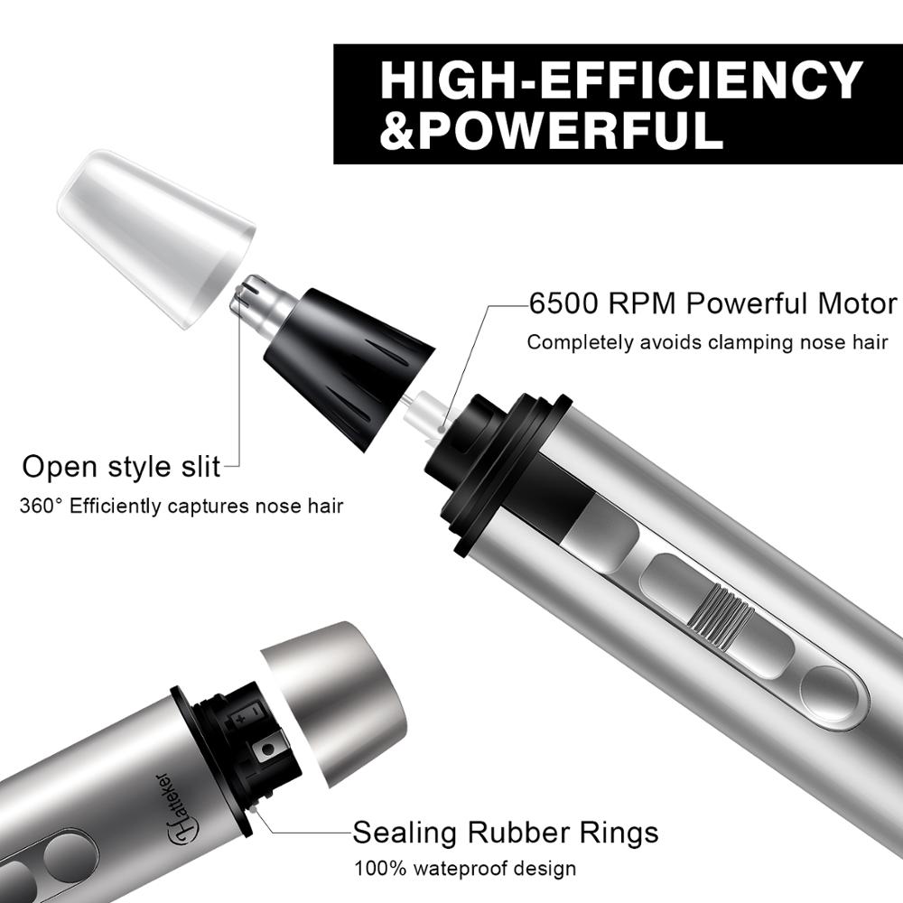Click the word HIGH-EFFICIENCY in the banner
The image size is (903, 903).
tap(621, 79)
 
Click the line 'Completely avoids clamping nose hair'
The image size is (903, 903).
tap(707, 342)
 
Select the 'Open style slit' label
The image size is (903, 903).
tap(121, 467)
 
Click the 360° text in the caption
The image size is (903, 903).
tap(41, 505)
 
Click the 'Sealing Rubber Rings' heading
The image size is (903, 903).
tap(505, 831)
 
